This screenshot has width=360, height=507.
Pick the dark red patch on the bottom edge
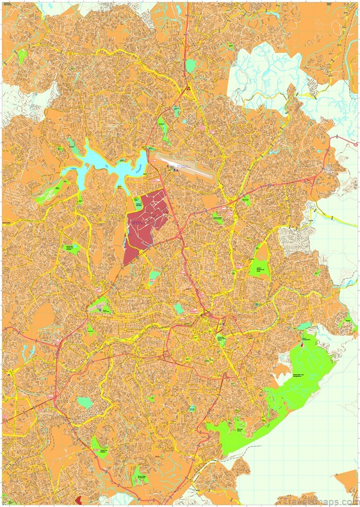pyautogui.click(x=79, y=502)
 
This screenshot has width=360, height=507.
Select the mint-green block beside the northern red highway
pyautogui.click(x=191, y=65)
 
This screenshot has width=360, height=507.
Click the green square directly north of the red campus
pyautogui.click(x=138, y=203)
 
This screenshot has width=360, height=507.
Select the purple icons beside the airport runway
pyautogui.click(x=175, y=169)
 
